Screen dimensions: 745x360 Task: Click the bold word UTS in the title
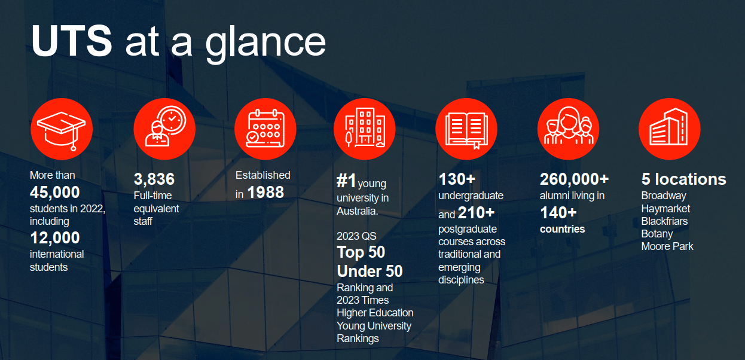click(x=72, y=41)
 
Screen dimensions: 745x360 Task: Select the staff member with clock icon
click(x=165, y=126)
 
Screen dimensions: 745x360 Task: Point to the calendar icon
click(x=265, y=128)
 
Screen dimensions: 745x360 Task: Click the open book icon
click(x=466, y=130)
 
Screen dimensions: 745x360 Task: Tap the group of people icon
click(x=569, y=126)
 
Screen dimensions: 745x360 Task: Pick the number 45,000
click(x=55, y=193)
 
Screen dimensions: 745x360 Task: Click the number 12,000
click(x=55, y=238)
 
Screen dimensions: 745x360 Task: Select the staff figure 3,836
click(x=154, y=179)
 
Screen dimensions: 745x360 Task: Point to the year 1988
click(x=265, y=193)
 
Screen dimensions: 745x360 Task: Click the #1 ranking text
click(x=346, y=181)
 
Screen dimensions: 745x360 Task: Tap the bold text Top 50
click(x=361, y=252)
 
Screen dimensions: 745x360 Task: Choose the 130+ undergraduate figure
click(x=457, y=179)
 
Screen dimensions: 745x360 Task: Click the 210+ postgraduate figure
click(x=477, y=213)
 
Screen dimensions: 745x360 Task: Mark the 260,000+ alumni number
click(x=575, y=179)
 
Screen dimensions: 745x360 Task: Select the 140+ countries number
click(x=558, y=213)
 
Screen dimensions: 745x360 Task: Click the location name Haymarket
click(x=665, y=209)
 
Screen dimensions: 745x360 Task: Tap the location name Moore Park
click(x=667, y=246)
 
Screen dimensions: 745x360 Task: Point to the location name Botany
click(x=657, y=234)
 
